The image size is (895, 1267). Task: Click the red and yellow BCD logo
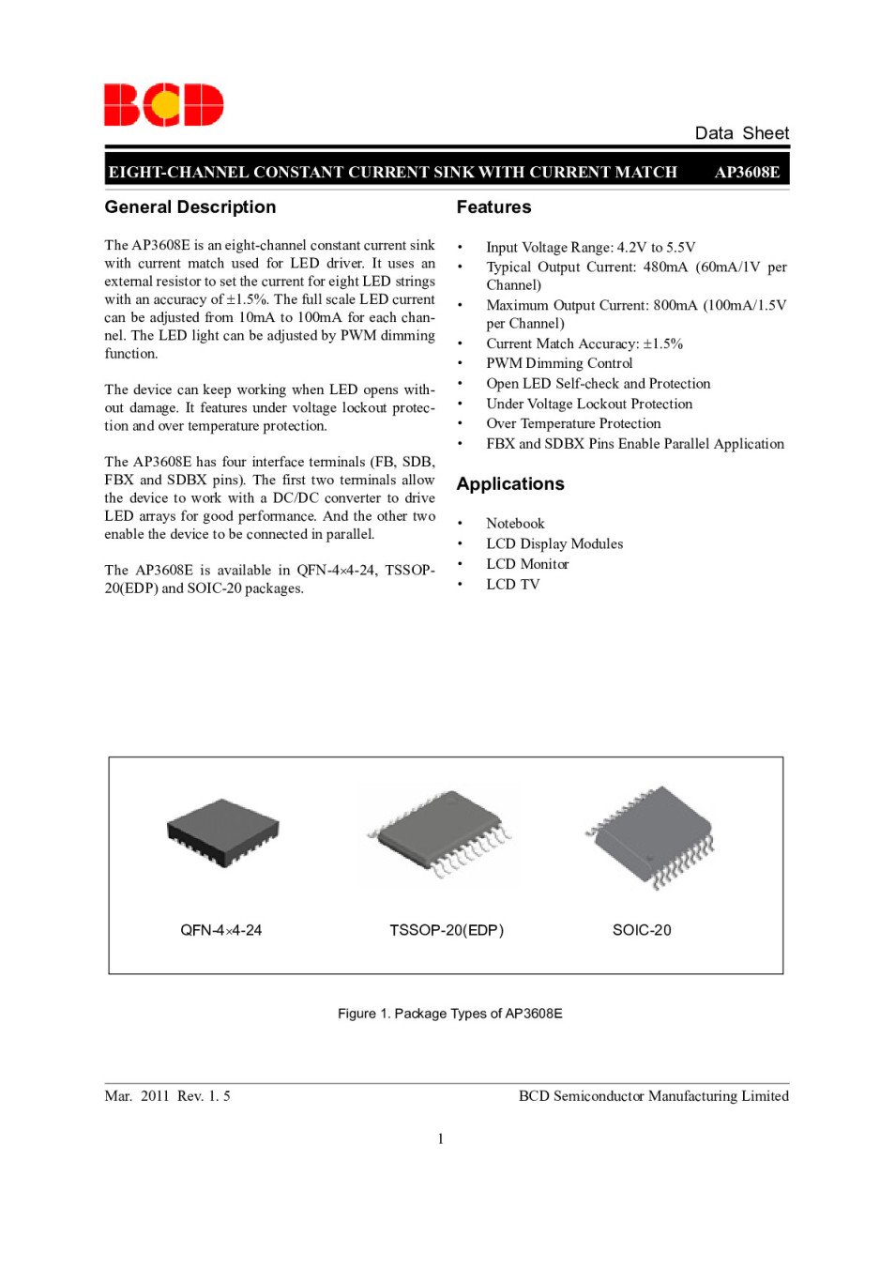pyautogui.click(x=163, y=104)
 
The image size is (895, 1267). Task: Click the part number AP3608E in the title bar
pyautogui.click(x=747, y=172)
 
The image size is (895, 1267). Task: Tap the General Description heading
pyautogui.click(x=190, y=207)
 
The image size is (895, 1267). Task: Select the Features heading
pyautogui.click(x=493, y=207)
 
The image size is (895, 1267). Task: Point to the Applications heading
pyautogui.click(x=510, y=484)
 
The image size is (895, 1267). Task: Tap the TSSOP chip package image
pyautogui.click(x=441, y=834)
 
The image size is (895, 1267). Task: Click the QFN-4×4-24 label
pyautogui.click(x=221, y=930)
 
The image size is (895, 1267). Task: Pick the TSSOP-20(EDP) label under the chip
pyautogui.click(x=447, y=930)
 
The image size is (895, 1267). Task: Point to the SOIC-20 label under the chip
pyautogui.click(x=642, y=930)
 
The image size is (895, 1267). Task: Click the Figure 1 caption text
pyautogui.click(x=450, y=1014)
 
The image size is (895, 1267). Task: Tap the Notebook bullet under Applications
pyautogui.click(x=515, y=524)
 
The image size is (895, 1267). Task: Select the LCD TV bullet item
pyautogui.click(x=513, y=585)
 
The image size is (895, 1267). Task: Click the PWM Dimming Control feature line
pyautogui.click(x=559, y=363)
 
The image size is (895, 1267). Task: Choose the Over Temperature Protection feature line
pyautogui.click(x=573, y=423)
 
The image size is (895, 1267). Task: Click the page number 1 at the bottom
pyautogui.click(x=441, y=1138)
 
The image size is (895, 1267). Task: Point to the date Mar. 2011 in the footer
pyautogui.click(x=137, y=1096)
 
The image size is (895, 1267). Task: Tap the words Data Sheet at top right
pyautogui.click(x=741, y=133)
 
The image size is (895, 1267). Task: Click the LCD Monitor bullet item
pyautogui.click(x=527, y=564)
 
